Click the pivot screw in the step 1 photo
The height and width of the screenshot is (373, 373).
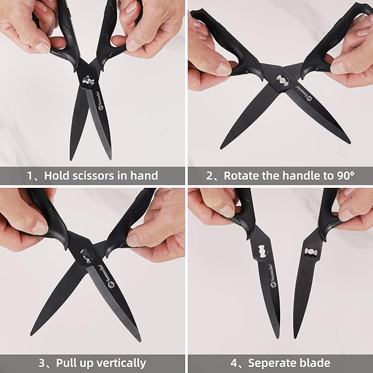click(x=87, y=81)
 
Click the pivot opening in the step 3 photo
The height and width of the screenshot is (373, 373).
click(x=87, y=255)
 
